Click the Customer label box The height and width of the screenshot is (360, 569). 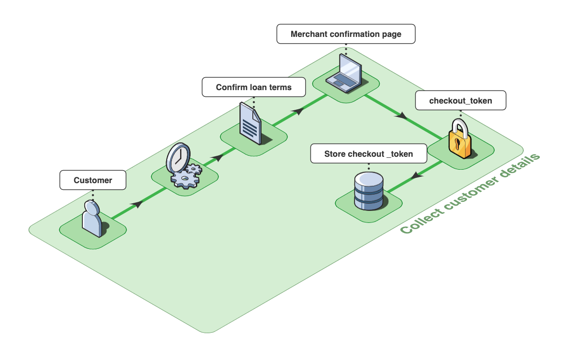coord(92,180)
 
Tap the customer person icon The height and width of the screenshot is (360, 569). coord(91,219)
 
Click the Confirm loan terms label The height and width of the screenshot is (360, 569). coord(253,87)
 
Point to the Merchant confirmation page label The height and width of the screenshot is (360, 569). coord(346,35)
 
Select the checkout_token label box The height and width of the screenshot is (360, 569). coord(460,101)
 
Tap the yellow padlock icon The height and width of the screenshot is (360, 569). coord(460,139)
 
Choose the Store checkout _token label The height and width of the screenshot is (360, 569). coord(368,154)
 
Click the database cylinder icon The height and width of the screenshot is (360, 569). coord(368,191)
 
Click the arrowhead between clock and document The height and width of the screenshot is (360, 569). coord(218,157)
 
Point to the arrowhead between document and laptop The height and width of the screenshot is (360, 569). coord(298,111)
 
